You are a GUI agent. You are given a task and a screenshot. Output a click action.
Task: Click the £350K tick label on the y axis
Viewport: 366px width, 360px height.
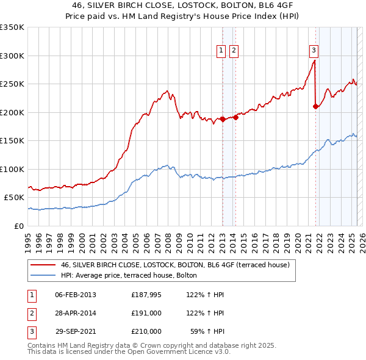click(12, 27)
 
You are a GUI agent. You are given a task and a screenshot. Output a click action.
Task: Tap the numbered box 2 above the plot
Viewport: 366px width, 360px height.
click(234, 51)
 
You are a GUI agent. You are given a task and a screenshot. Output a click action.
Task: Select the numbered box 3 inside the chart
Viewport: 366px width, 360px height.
click(314, 51)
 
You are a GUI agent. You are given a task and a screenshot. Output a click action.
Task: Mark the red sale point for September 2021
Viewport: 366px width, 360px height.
click(315, 107)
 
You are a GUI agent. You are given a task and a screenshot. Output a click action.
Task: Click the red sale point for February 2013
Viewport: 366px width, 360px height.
click(223, 119)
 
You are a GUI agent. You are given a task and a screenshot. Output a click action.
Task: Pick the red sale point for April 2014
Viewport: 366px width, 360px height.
click(235, 117)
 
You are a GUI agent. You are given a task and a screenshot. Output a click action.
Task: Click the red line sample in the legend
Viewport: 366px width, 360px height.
click(42, 265)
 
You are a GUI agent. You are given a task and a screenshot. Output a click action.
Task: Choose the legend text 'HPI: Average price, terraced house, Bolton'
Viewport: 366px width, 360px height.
click(129, 275)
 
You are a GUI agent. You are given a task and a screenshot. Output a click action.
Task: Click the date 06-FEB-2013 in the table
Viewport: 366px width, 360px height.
click(76, 295)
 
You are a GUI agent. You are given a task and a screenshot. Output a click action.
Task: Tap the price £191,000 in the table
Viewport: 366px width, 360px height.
click(146, 313)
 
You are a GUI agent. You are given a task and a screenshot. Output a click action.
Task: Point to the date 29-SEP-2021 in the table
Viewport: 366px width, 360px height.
click(76, 331)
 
